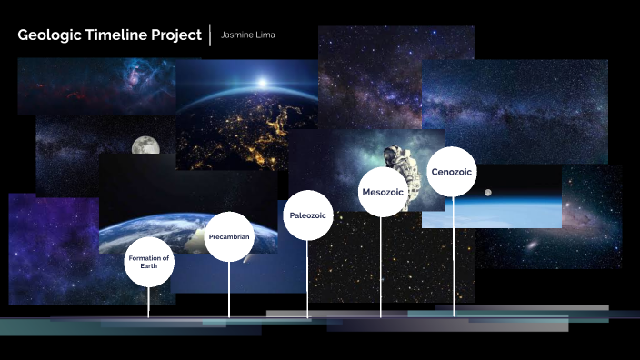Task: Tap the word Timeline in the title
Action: coord(110,35)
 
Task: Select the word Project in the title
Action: coord(175,35)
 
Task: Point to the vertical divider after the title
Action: coord(211,35)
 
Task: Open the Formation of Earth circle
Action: coord(149,263)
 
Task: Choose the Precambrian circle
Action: coord(229,236)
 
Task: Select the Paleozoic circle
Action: coord(308,215)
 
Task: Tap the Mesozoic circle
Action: coord(382,192)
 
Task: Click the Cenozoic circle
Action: coord(452,171)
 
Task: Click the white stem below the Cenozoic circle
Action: coord(454,255)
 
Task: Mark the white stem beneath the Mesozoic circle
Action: coord(381,268)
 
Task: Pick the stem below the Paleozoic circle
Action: coord(308,278)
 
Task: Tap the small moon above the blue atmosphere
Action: coord(488,192)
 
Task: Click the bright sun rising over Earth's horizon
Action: coord(261,82)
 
